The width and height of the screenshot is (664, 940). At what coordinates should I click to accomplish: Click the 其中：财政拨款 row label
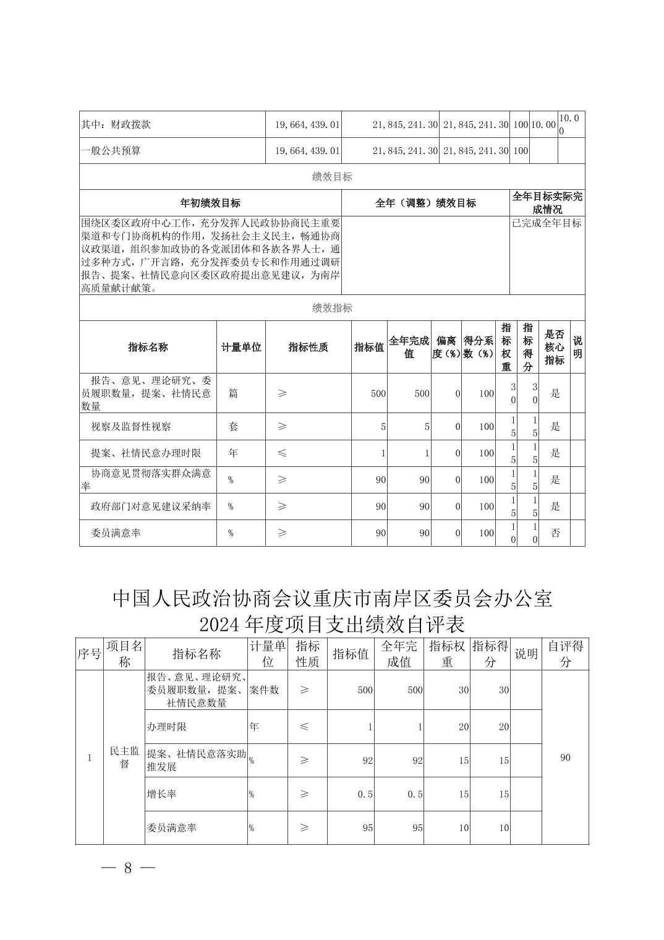click(x=116, y=124)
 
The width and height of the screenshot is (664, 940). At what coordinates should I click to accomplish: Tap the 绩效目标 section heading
click(x=332, y=177)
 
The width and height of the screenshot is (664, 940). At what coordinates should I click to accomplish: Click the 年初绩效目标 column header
click(x=210, y=203)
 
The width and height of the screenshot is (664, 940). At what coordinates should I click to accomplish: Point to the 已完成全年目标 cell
click(x=547, y=223)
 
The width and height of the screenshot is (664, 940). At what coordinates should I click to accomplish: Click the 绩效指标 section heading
click(x=332, y=308)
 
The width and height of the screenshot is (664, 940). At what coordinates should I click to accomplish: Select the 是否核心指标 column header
click(x=555, y=347)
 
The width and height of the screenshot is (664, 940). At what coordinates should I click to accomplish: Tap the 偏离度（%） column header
click(x=446, y=347)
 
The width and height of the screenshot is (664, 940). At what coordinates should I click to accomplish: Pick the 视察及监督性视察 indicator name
click(x=131, y=427)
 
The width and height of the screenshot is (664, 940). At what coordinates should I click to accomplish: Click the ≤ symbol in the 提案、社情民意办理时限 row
click(x=282, y=453)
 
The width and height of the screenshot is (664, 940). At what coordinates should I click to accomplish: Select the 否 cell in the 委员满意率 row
click(x=555, y=533)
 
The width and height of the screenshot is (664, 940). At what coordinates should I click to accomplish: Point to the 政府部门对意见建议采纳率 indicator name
click(x=151, y=506)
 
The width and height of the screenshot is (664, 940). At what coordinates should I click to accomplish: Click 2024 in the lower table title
click(x=220, y=625)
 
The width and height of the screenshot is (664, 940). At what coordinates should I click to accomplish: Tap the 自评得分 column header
click(x=565, y=654)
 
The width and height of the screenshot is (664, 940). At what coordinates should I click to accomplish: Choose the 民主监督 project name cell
click(x=124, y=758)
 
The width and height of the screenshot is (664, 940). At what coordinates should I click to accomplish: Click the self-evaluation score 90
click(x=565, y=758)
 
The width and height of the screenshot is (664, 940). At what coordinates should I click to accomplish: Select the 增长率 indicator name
click(x=161, y=794)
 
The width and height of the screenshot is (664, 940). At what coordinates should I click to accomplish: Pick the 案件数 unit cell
click(x=264, y=690)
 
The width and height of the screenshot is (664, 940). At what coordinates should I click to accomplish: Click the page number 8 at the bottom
click(x=128, y=868)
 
